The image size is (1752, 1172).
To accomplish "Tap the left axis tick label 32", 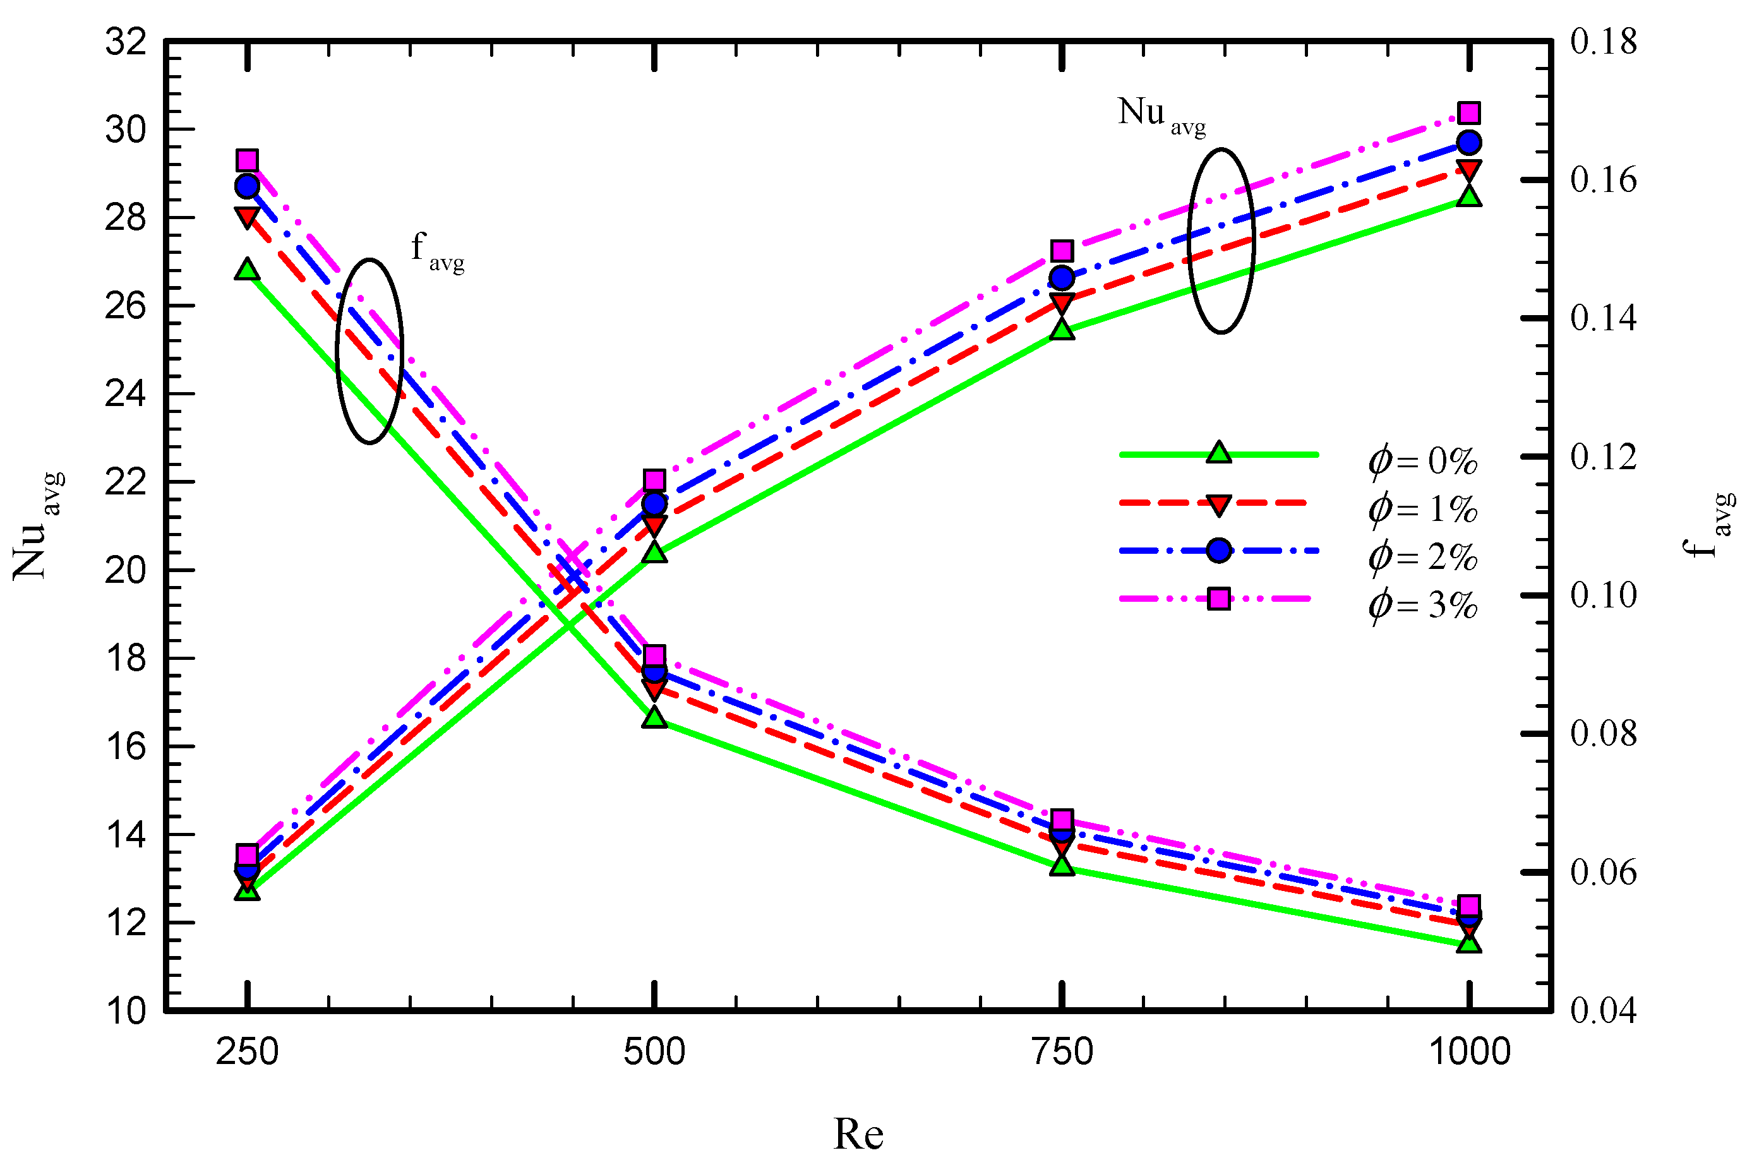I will pos(126,42).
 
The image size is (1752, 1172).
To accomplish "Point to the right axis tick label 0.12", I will pos(1603,457).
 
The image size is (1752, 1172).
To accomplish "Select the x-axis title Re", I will pos(858,1134).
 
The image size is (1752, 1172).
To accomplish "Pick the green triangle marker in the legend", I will pos(1218,453).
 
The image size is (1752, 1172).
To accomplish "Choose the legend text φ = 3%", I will pos(1423,605).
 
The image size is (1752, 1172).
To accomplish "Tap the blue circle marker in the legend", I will pos(1218,551).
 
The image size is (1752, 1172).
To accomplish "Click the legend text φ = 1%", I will pos(1423,509).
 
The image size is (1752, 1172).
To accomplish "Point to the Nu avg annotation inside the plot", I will pos(1161,116).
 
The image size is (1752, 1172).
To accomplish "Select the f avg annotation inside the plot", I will pos(437,251).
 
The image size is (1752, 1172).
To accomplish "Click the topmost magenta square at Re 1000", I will pos(1470,113).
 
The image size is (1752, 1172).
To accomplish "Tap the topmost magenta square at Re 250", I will pos(248,160).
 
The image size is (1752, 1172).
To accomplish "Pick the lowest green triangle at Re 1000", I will pos(1470,943).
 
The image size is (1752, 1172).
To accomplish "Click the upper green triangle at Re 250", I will pos(248,270).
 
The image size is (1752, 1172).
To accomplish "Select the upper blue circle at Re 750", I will pos(1062,278).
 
